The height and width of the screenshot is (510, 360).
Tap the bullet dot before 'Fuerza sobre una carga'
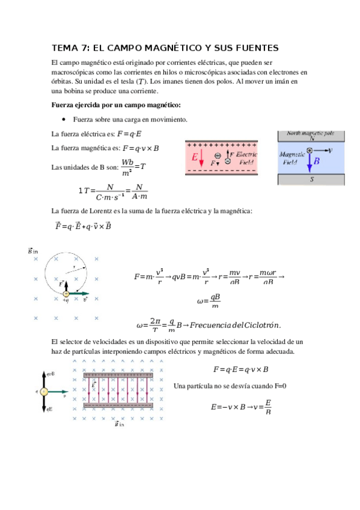(64, 119)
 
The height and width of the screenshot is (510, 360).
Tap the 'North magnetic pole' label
(311, 133)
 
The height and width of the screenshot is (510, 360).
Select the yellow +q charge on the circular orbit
(67, 293)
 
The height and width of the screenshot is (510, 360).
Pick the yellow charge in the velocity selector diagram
(44, 392)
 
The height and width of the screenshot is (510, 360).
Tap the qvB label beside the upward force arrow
(52, 373)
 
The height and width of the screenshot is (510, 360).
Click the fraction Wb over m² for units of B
(127, 168)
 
